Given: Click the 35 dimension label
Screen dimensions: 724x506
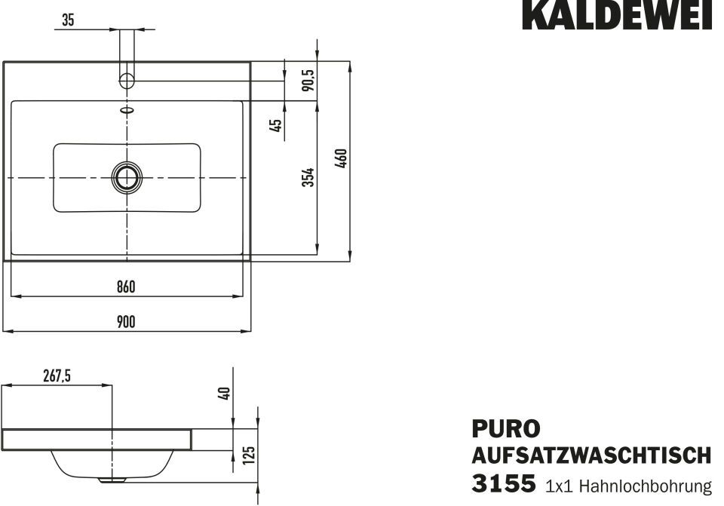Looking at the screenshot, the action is (x=67, y=20).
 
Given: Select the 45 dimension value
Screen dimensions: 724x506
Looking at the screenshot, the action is (x=275, y=125).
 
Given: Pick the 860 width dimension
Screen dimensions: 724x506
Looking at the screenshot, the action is (x=126, y=287).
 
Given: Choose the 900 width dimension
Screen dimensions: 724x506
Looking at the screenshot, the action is (x=126, y=321).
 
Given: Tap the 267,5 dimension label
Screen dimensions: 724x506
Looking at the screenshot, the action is (x=57, y=376).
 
